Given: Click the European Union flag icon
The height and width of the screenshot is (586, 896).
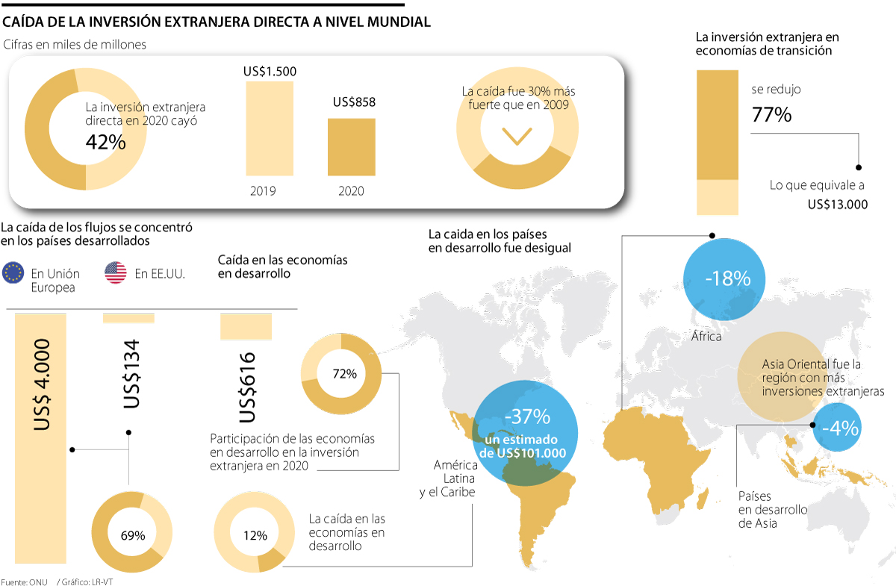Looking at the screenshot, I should (13, 273).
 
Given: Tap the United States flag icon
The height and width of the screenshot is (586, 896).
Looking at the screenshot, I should (116, 273).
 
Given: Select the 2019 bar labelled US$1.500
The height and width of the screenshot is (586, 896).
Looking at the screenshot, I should (270, 128).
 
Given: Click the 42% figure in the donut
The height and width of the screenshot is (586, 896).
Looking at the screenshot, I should (106, 142).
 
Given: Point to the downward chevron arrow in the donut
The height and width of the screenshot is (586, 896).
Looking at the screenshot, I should (517, 136).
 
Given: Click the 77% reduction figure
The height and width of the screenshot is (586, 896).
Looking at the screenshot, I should (771, 115).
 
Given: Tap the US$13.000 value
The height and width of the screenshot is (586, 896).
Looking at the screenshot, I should (837, 204).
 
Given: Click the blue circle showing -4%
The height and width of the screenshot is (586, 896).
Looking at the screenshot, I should (840, 428).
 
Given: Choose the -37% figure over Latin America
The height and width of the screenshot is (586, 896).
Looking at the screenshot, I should (527, 417).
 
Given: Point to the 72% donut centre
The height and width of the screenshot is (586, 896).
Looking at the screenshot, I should (344, 374).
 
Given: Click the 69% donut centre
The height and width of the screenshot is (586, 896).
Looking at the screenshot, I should (132, 534).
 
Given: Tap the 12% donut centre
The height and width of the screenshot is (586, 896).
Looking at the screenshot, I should (255, 535).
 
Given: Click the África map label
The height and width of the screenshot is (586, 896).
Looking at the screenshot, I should (706, 337).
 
